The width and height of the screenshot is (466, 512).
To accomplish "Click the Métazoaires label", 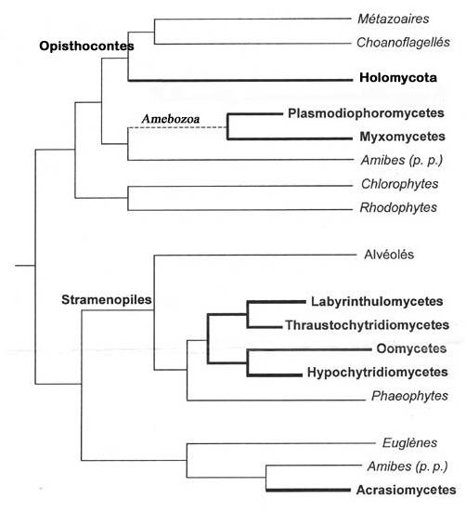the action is click(x=394, y=19).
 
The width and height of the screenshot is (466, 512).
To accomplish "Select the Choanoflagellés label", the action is click(x=403, y=43).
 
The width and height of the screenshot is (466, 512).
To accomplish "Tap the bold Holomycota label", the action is click(x=398, y=78).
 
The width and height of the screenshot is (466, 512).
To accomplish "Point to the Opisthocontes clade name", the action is click(x=86, y=46).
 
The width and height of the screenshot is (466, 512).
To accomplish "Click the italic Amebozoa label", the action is click(x=171, y=119).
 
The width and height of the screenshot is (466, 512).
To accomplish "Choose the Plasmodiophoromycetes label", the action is click(x=366, y=113).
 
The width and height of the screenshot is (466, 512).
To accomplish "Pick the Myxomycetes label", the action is click(x=402, y=137).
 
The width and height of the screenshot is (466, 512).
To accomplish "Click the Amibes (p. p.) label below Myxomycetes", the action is click(x=401, y=160).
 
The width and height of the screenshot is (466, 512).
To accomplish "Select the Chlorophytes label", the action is click(x=399, y=184).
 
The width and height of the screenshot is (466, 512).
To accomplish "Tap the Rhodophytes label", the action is click(x=398, y=207).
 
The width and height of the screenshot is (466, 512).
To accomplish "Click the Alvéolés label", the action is click(x=389, y=255).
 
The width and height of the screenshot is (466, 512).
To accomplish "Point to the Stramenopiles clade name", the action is click(x=107, y=299).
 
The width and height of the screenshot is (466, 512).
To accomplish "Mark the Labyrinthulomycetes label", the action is click(x=377, y=301).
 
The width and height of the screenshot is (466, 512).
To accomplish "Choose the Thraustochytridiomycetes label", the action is click(x=368, y=325).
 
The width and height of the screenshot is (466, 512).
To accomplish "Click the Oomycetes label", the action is click(x=411, y=348).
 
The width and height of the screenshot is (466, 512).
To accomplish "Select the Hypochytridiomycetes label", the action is click(x=377, y=373).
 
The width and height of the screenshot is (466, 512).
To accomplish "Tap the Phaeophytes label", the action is click(x=409, y=396).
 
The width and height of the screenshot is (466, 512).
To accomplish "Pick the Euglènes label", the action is click(x=409, y=443).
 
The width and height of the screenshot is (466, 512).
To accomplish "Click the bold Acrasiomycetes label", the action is click(x=406, y=490).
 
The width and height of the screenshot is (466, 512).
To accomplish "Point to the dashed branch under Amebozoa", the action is click(x=177, y=127).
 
